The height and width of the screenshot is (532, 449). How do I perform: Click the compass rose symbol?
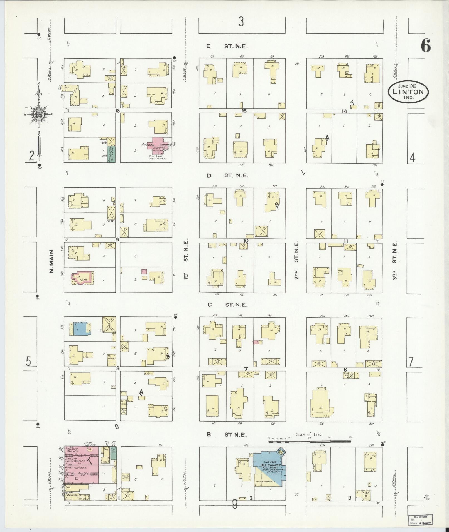click(38, 114)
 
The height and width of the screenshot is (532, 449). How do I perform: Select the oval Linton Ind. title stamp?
click(408, 92)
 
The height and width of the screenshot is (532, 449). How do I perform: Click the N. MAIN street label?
click(52, 261)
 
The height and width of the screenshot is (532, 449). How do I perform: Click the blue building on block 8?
click(81, 328)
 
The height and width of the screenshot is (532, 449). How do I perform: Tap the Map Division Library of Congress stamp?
click(420, 519)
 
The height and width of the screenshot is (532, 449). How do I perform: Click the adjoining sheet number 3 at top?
click(241, 22)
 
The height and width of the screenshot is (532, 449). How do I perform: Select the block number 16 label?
click(117, 111)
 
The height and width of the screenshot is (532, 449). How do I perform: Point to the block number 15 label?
click(244, 111)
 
